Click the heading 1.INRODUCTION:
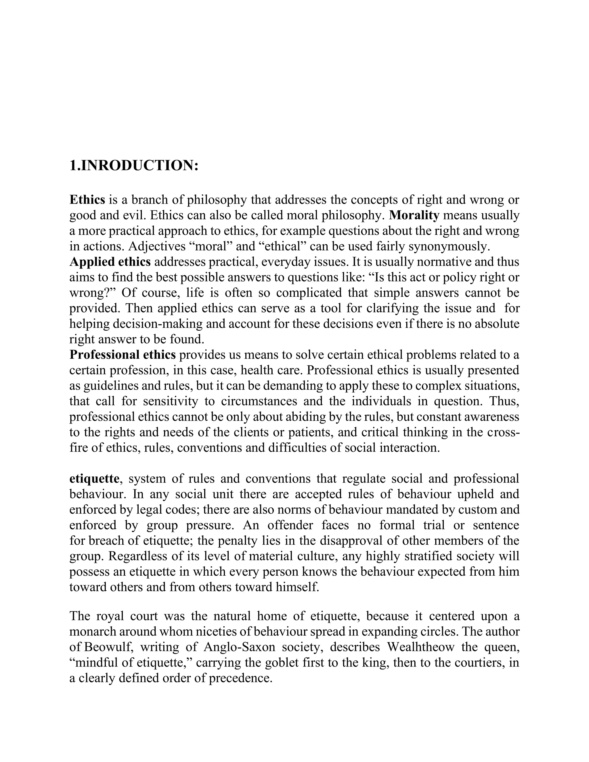134,165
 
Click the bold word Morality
414,215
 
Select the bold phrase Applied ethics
110,262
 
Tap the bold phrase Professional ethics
123,355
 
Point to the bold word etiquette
94,478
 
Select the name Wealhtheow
420,647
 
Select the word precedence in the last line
240,678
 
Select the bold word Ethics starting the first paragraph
87,200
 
